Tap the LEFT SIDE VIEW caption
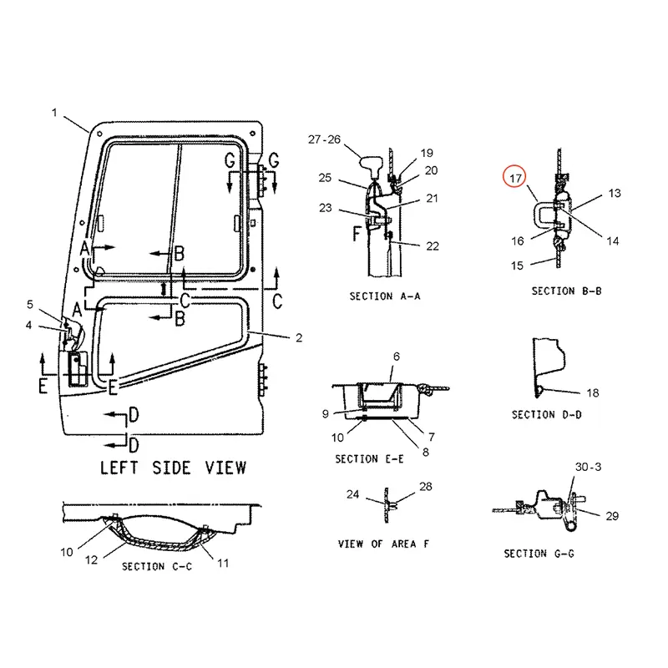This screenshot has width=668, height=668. click(173, 467)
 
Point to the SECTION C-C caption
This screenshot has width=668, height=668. click(156, 566)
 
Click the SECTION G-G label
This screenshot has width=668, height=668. click(538, 554)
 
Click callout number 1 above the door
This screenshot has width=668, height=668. click(55, 112)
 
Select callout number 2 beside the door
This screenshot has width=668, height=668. click(298, 337)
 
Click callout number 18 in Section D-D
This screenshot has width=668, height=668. click(592, 392)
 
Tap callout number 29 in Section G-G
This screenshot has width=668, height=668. click(612, 516)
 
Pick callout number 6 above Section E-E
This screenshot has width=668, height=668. click(397, 357)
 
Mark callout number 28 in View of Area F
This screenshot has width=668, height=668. click(426, 486)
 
